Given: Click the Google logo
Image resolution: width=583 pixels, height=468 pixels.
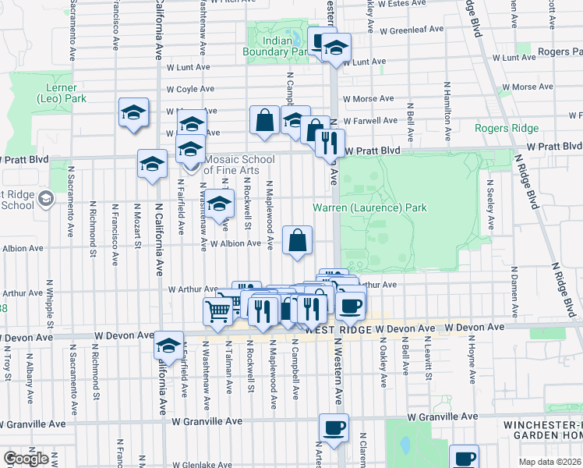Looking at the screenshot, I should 26,459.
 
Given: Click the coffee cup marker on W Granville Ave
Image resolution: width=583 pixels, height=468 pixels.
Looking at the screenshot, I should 334,428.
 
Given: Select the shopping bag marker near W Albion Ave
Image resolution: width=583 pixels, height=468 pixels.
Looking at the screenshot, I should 298,240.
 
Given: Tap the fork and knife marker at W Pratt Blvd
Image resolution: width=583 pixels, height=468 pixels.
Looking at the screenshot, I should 330,143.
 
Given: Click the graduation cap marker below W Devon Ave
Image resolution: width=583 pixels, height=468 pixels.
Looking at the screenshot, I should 168,345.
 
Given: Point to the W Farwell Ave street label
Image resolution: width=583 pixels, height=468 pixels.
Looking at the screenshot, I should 372,121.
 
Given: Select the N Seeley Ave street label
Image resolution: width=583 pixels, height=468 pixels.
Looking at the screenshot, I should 489,208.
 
